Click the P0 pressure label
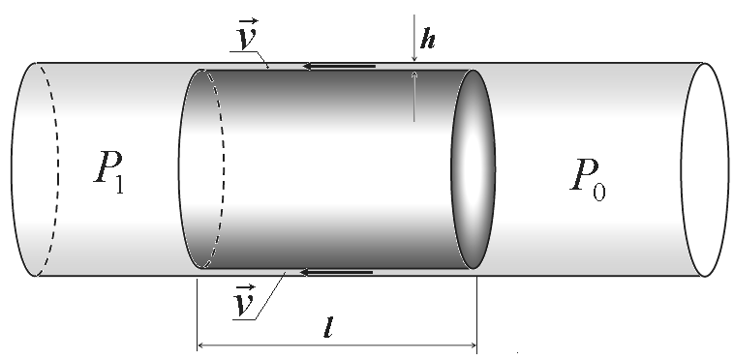(x=588, y=180)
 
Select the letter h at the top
(x=428, y=39)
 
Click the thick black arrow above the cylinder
(x=339, y=67)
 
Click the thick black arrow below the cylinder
(x=336, y=272)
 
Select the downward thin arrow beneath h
(x=413, y=38)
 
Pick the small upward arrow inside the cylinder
(x=413, y=97)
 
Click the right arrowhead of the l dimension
(x=472, y=345)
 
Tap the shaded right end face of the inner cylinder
(x=473, y=169)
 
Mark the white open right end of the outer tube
(x=705, y=169)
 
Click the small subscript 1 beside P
(x=119, y=185)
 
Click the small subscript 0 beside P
(x=599, y=193)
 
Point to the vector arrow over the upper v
(x=248, y=21)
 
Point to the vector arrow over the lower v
(x=246, y=287)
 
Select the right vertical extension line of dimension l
(x=477, y=315)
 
